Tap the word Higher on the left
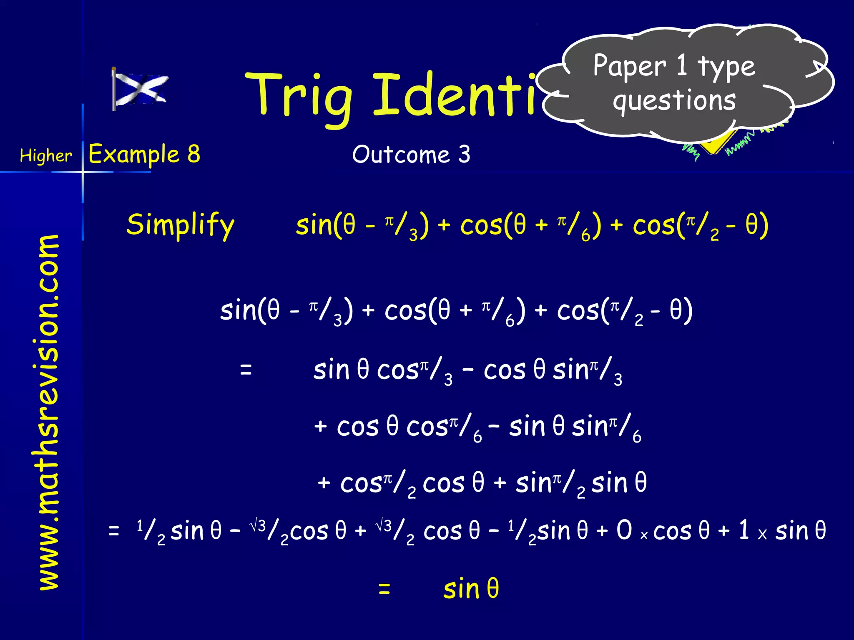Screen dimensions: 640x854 tap(46, 156)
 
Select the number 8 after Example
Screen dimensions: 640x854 tap(193, 154)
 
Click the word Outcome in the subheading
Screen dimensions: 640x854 tap(401, 155)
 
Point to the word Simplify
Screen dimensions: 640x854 tap(181, 225)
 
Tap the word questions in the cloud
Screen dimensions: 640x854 tap(674, 101)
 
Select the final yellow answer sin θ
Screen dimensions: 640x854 tap(471, 589)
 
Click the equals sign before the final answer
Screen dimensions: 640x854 tap(384, 589)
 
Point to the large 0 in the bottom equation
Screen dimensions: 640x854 tap(624, 530)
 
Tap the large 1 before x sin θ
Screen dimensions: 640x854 tap(743, 530)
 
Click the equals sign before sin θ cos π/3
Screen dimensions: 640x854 tap(246, 370)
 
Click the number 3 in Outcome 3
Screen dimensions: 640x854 tap(465, 155)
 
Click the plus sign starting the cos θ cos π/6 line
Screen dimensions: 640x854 tap(320, 427)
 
